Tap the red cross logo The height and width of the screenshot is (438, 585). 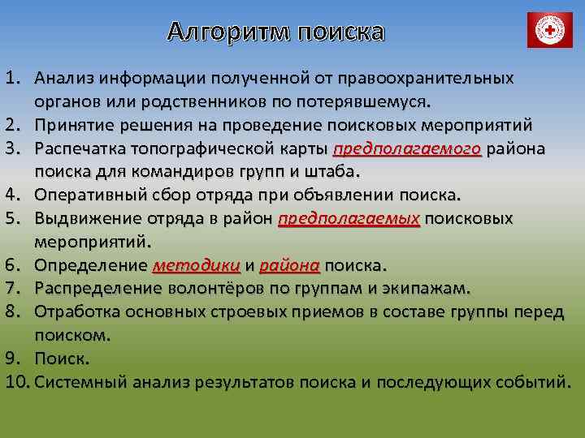point(550,30)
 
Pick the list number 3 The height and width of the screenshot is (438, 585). point(11,149)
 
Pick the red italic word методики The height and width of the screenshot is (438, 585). point(196,265)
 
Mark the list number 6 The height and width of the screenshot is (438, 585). point(11,265)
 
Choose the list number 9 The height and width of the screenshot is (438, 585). point(11,358)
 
